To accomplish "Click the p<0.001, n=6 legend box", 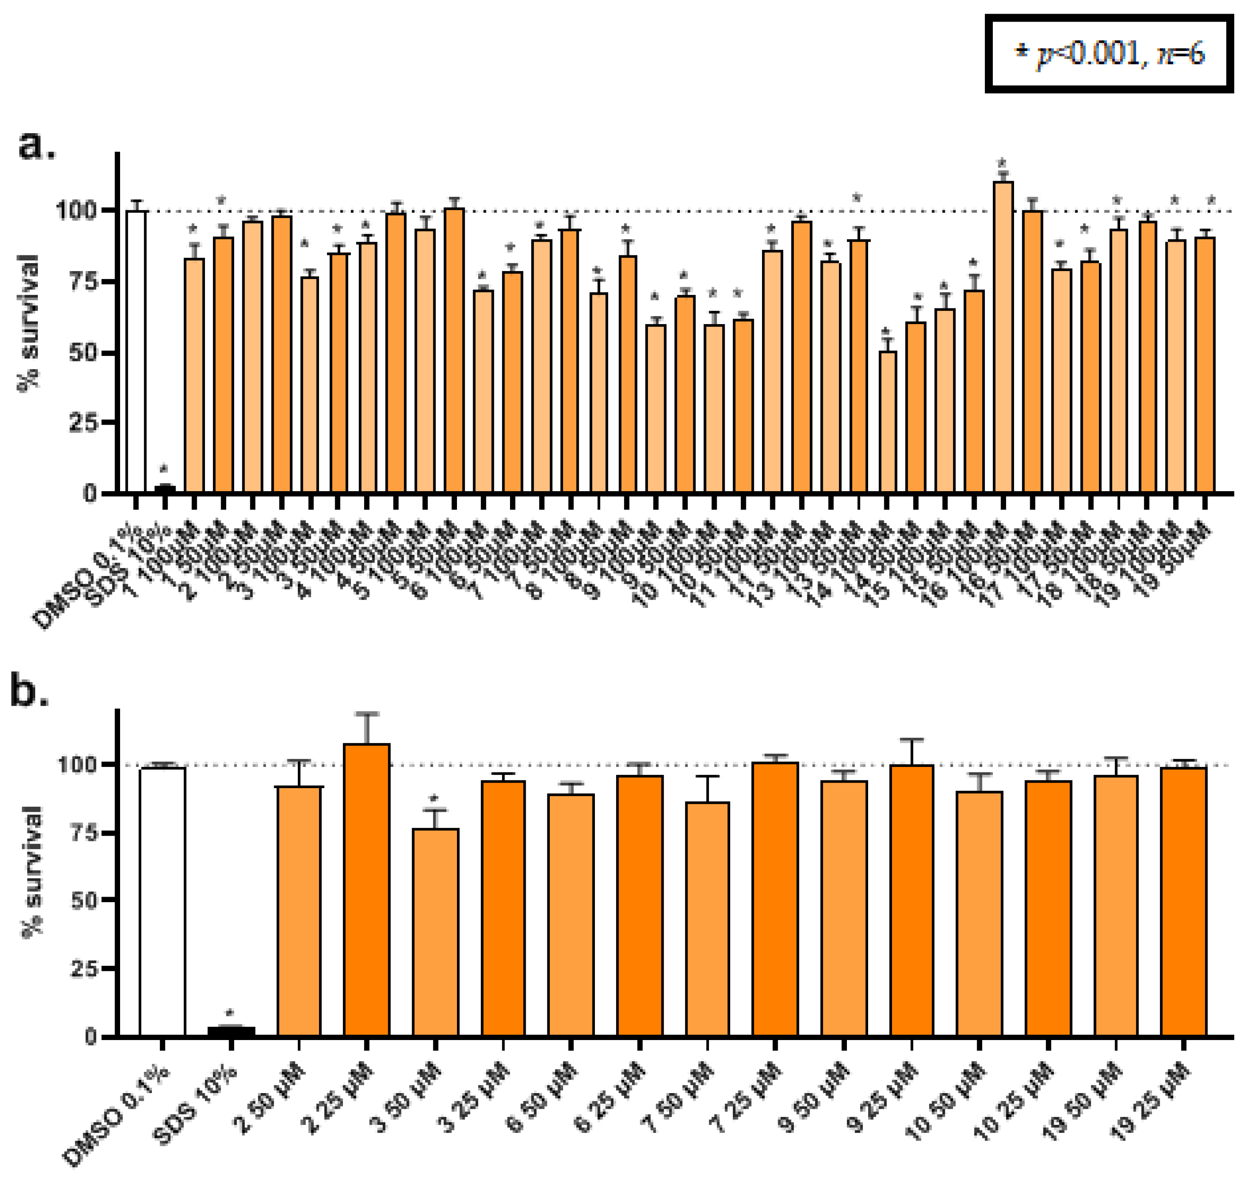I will click(x=1108, y=55).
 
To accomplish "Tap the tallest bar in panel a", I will click(x=1003, y=337).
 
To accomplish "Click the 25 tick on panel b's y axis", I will click(x=86, y=969).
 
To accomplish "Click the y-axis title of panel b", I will click(x=31, y=873).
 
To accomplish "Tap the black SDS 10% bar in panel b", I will click(x=231, y=1032).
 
